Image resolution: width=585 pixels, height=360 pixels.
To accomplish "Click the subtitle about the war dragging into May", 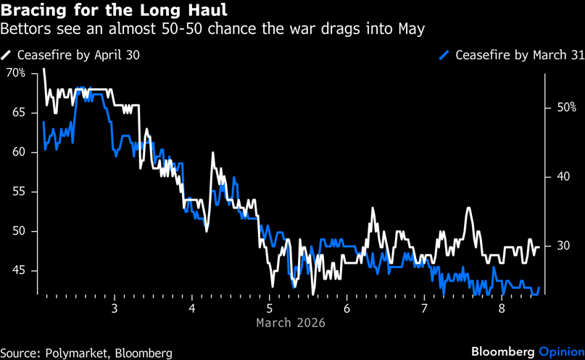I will click(x=212, y=30).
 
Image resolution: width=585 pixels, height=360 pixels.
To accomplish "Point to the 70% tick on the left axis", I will click(x=15, y=73).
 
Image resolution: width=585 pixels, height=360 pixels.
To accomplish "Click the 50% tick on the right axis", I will click(x=566, y=107).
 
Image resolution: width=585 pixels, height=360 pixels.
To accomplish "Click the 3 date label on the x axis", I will click(x=115, y=307).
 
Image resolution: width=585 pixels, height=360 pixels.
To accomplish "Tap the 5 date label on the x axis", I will click(x=270, y=307).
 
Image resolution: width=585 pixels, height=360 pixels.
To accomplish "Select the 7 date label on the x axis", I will click(x=424, y=307).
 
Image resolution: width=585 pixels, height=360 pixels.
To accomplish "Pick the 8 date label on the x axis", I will click(x=502, y=307).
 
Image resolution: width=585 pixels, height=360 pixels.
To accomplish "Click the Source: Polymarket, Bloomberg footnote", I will click(x=86, y=353).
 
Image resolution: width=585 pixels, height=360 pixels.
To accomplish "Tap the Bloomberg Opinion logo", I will click(x=527, y=351).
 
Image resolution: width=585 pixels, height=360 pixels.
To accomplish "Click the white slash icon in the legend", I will click(x=7, y=55).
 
